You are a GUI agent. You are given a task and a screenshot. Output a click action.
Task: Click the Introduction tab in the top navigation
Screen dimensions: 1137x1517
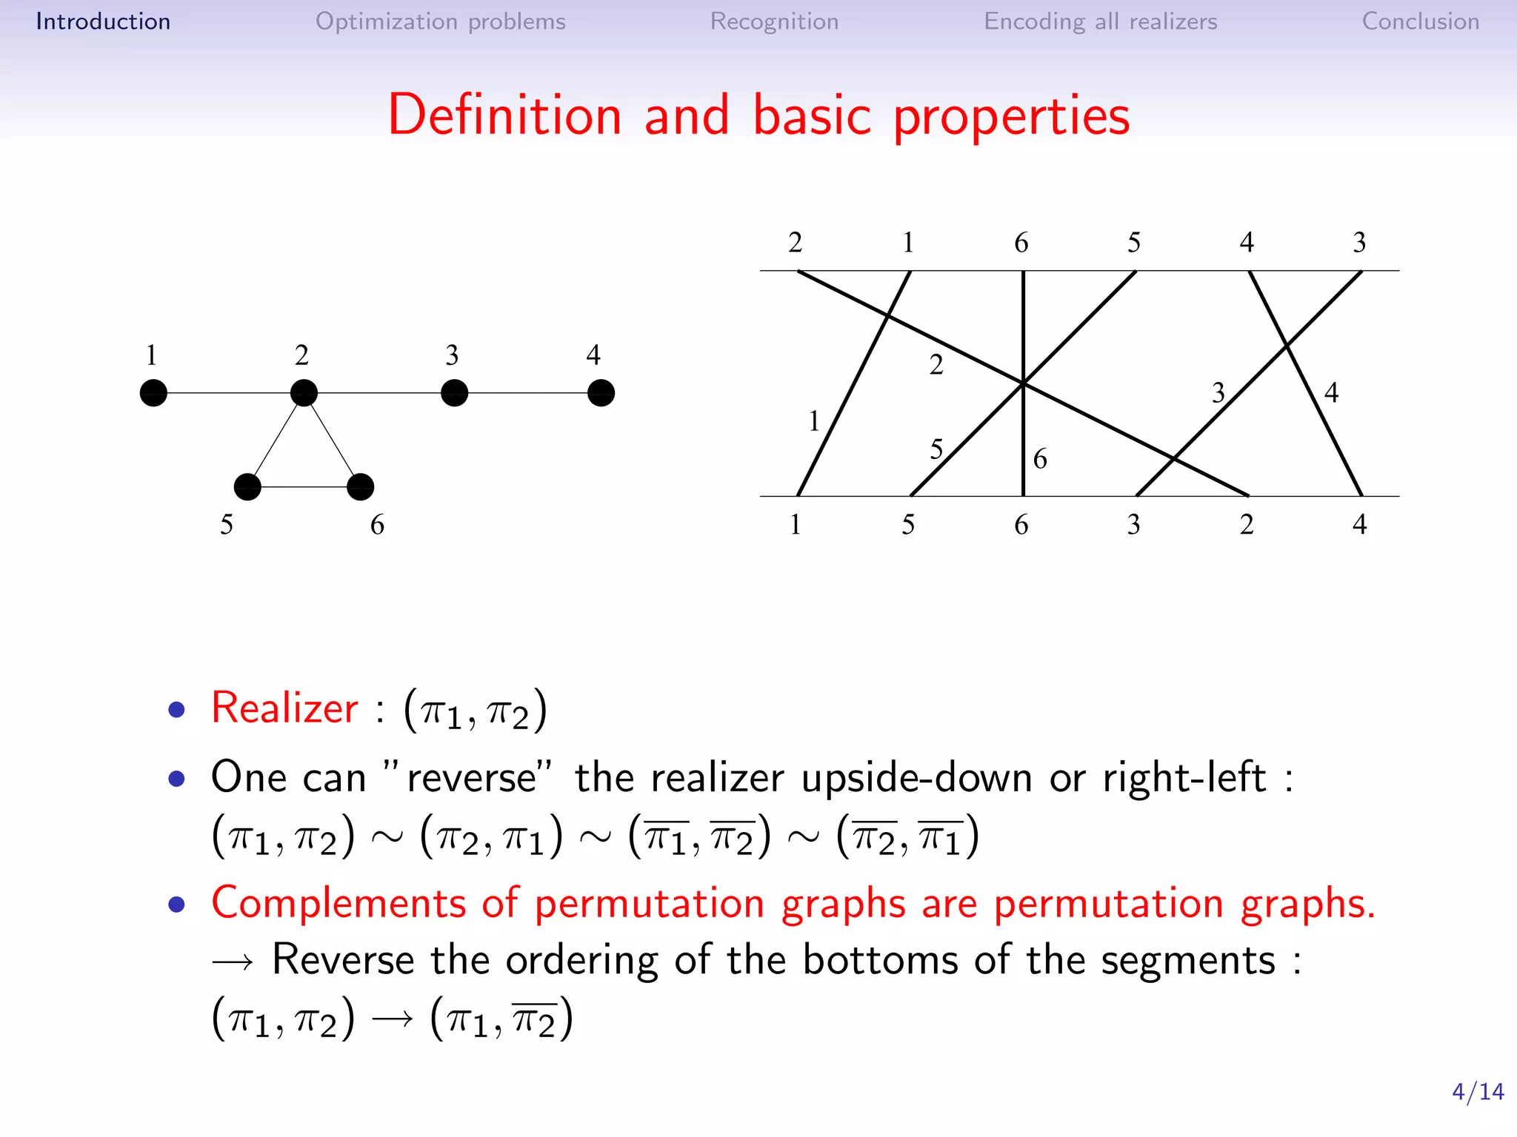pyautogui.click(x=103, y=21)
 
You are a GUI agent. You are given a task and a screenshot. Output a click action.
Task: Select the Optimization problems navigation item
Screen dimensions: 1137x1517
pyautogui.click(x=440, y=21)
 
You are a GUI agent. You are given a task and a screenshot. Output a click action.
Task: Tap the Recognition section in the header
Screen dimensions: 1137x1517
pyautogui.click(x=774, y=21)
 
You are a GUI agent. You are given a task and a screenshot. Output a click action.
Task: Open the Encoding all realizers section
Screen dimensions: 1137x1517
pyautogui.click(x=1100, y=21)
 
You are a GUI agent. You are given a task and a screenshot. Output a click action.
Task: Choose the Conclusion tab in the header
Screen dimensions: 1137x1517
pyautogui.click(x=1420, y=21)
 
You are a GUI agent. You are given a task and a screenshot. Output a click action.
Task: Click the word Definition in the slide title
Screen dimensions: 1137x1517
pyautogui.click(x=504, y=115)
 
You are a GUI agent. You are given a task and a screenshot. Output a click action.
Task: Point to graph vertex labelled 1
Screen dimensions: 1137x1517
pyautogui.click(x=153, y=393)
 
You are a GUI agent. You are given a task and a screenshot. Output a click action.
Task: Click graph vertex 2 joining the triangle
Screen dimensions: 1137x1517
pyautogui.click(x=304, y=393)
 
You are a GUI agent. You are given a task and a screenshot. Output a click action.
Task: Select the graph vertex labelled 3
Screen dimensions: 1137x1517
pyautogui.click(x=454, y=393)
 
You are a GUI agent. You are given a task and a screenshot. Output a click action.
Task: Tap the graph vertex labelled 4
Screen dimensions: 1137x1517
pyautogui.click(x=601, y=393)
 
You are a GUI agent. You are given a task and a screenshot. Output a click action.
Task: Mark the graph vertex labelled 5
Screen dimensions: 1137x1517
pyautogui.click(x=247, y=487)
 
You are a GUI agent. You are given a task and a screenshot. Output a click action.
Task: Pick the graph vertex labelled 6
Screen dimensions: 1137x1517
pyautogui.click(x=360, y=487)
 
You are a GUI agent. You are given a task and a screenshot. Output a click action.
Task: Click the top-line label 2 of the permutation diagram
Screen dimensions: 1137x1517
pyautogui.click(x=796, y=243)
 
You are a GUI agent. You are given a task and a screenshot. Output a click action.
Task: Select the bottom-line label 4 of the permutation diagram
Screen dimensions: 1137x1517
pyautogui.click(x=1359, y=525)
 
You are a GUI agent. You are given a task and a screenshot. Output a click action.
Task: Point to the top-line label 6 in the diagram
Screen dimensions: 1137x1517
pyautogui.click(x=1021, y=243)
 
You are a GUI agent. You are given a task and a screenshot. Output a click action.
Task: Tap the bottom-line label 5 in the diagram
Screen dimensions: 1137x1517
pyautogui.click(x=908, y=525)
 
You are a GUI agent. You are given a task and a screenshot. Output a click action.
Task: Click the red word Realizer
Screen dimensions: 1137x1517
pyautogui.click(x=284, y=708)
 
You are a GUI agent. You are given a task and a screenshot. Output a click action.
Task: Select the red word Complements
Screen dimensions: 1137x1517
pyautogui.click(x=339, y=904)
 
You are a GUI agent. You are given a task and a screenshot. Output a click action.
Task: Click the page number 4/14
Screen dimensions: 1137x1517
pyautogui.click(x=1477, y=1092)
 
